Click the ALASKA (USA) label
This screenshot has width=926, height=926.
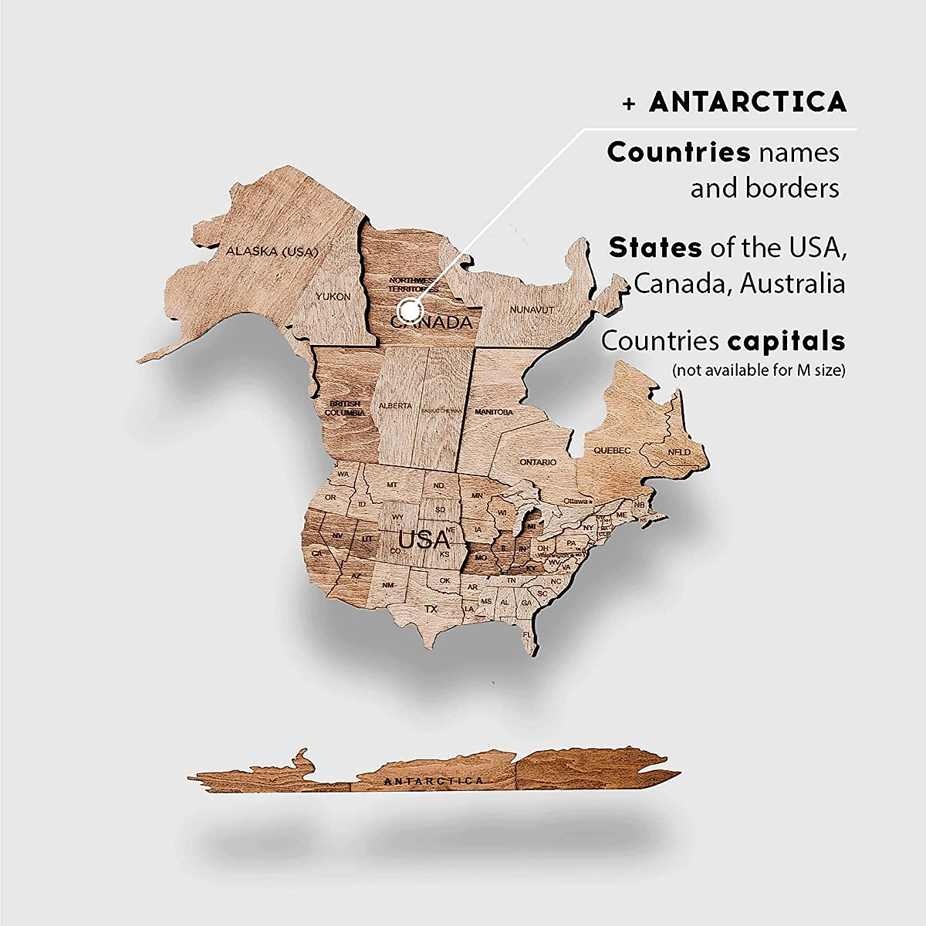pos(272,251)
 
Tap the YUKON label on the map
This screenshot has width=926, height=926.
pos(333,296)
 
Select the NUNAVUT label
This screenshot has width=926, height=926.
pos(532,309)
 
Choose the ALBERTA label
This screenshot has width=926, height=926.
pos(396,406)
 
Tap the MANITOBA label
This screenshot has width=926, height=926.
pos(494,412)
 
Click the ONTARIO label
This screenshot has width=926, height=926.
pos(537,462)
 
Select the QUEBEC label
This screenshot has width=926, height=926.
pos(612,450)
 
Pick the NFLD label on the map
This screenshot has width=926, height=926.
pos(679,452)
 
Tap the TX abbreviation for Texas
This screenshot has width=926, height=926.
pos(431,609)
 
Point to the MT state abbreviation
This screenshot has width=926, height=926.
pos(392,485)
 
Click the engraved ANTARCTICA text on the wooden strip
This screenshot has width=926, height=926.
pos(434,781)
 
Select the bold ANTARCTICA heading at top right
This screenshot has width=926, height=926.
pos(747,102)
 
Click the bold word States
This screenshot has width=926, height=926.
pos(655,248)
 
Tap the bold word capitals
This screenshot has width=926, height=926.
pos(786,340)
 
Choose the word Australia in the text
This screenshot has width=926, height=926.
pos(793,284)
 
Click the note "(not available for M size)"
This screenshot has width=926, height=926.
pos(759,370)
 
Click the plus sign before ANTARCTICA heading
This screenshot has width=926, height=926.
pos(630,104)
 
